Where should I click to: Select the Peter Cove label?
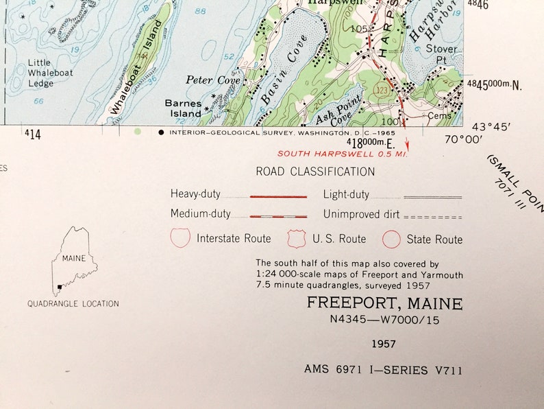click(x=203, y=80)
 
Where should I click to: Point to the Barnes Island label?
click(x=183, y=108)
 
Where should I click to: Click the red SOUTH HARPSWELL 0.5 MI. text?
click(x=343, y=155)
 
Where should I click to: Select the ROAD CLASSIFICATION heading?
click(x=315, y=172)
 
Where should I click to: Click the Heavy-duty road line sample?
click(x=277, y=196)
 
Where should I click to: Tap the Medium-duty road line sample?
click(x=277, y=215)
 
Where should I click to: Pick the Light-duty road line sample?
click(x=432, y=197)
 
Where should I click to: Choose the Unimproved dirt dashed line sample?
click(x=432, y=215)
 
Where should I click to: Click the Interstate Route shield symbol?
click(x=180, y=238)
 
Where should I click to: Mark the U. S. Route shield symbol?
click(x=297, y=238)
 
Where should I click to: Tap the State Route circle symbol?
click(x=391, y=239)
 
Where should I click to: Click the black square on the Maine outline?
click(x=60, y=288)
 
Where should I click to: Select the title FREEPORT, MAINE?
click(x=384, y=303)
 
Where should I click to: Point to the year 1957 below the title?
click(x=384, y=344)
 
